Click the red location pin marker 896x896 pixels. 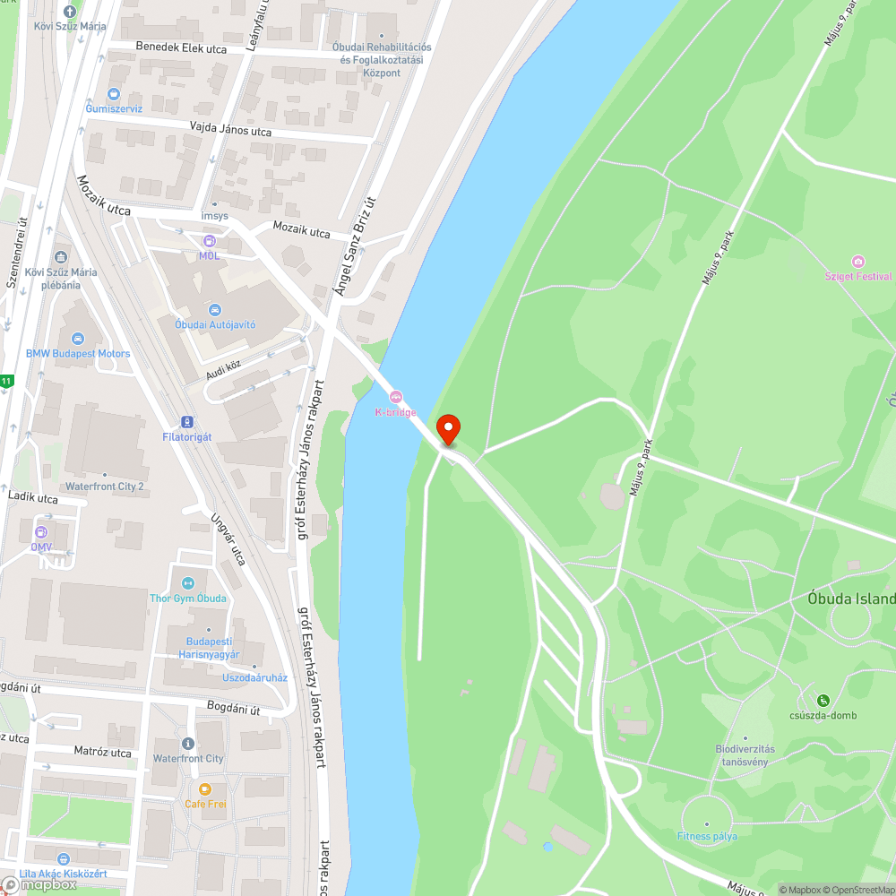447,428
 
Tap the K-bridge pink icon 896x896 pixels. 395,397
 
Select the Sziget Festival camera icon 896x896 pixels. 858,262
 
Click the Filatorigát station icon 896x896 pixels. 186,421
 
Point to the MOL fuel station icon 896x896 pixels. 209,241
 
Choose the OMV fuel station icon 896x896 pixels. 41,532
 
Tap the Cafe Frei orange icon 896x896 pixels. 205,789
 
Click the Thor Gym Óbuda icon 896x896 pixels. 188,583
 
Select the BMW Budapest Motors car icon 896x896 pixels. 77,339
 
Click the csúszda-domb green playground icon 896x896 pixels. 823,701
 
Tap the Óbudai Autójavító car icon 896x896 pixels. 215,309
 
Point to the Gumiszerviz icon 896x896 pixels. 114,94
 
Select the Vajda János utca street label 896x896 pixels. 230,130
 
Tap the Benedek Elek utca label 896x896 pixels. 180,47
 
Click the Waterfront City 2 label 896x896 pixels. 104,487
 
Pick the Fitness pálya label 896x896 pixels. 707,837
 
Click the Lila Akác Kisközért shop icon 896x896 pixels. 63,858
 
